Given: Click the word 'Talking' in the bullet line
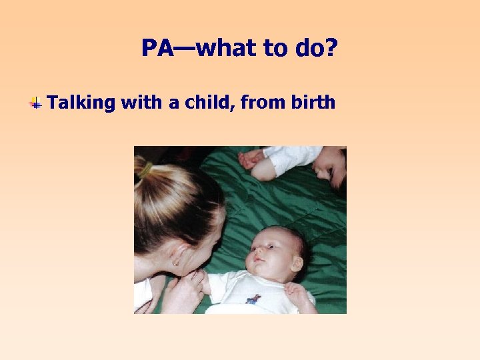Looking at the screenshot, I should pos(81,103).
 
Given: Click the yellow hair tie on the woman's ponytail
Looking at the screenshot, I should pos(145,172).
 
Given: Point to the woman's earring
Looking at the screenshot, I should pos(175,263).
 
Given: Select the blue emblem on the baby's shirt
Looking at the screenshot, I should pos(253,299).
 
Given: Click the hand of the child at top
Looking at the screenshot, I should pos(251,159).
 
